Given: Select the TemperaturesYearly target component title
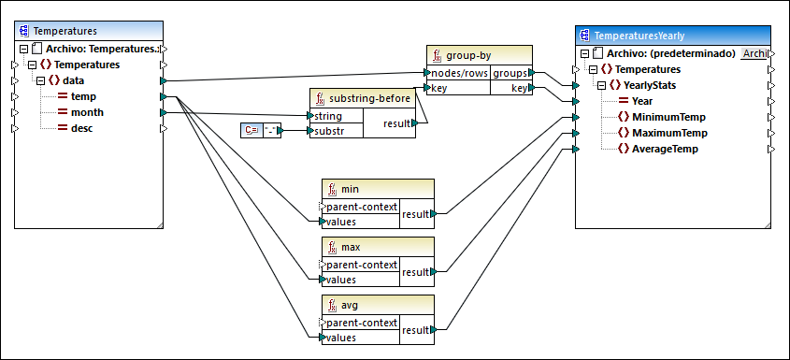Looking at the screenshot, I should pyautogui.click(x=646, y=36).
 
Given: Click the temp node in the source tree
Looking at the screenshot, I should pyautogui.click(x=83, y=96).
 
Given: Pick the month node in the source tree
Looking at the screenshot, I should pyautogui.click(x=87, y=112).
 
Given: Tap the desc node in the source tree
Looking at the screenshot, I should pyautogui.click(x=83, y=128).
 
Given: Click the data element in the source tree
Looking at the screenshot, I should pyautogui.click(x=74, y=80).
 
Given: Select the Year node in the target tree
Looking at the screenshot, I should pyautogui.click(x=642, y=101).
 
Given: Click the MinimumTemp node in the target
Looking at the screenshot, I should pyautogui.click(x=668, y=117).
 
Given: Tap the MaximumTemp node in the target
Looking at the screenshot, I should pyautogui.click(x=668, y=133).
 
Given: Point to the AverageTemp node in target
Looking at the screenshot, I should pyautogui.click(x=665, y=149).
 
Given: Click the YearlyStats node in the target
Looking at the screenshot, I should pyautogui.click(x=656, y=85).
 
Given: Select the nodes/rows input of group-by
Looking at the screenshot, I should pyautogui.click(x=458, y=72).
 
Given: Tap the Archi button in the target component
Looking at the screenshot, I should pyautogui.click(x=754, y=53).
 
